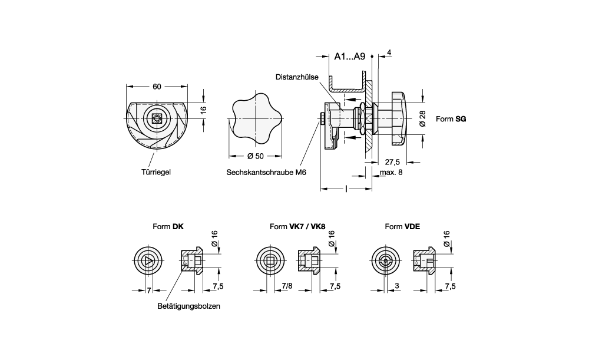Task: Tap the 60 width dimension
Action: [157, 87]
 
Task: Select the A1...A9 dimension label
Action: [350, 57]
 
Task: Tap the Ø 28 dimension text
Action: [422, 118]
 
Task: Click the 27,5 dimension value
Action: [393, 161]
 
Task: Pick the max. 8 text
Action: [391, 173]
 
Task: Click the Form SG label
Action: [451, 119]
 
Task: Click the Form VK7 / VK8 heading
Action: [297, 226]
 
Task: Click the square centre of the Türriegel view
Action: [157, 118]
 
